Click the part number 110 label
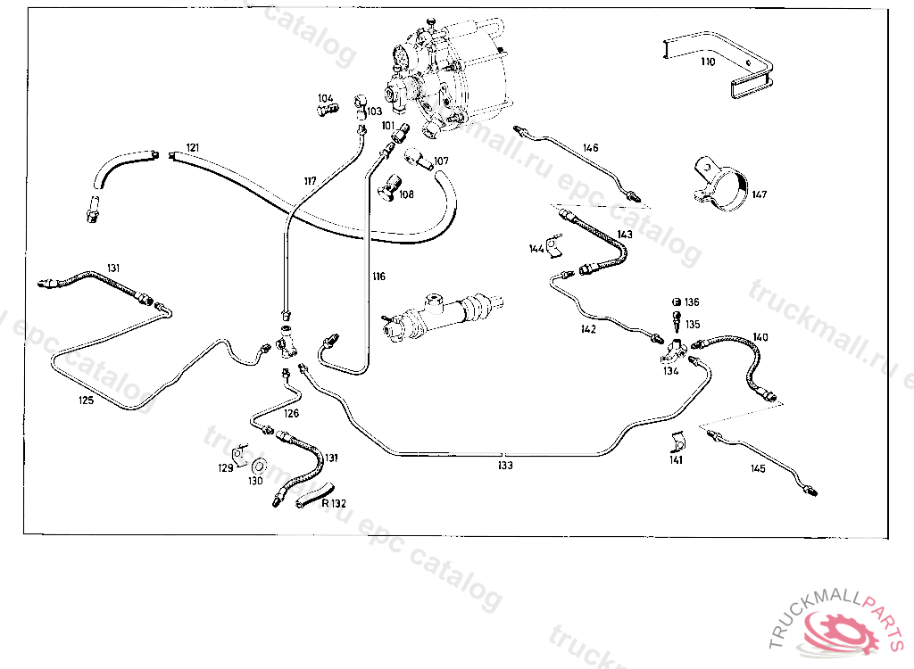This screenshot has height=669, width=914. (x=708, y=62)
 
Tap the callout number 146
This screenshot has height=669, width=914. (x=591, y=148)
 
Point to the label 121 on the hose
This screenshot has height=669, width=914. (x=193, y=147)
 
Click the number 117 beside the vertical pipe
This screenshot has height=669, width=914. (x=310, y=182)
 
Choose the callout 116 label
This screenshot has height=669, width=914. (x=379, y=277)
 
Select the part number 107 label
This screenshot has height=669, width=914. (x=441, y=162)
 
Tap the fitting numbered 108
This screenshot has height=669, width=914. (x=390, y=189)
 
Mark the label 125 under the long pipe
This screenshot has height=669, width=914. (x=86, y=401)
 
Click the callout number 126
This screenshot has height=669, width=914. (x=292, y=413)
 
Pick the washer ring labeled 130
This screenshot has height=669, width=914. (x=260, y=467)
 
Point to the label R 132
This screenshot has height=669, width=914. (x=334, y=503)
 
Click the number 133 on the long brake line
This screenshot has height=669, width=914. (x=505, y=465)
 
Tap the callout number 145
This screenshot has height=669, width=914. (x=758, y=468)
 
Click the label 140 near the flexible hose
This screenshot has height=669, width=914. (x=760, y=337)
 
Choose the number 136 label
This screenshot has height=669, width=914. (x=693, y=302)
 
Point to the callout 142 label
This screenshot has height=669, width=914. (x=588, y=328)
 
